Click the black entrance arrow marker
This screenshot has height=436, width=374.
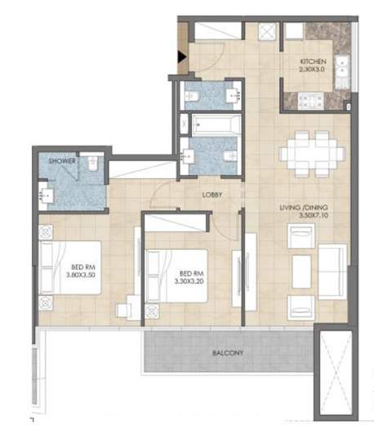181,57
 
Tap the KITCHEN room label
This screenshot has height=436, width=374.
313,61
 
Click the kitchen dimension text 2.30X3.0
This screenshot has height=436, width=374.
312,70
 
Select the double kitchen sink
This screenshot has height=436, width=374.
342,68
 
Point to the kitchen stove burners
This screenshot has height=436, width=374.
311,101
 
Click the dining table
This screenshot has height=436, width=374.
312,154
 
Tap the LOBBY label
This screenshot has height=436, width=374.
212,195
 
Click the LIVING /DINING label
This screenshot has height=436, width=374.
304,208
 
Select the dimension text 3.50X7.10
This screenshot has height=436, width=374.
314,215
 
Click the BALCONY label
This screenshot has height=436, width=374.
228,353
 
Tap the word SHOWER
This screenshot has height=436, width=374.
62,161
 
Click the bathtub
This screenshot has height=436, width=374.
216,125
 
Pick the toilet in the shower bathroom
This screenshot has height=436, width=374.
92,164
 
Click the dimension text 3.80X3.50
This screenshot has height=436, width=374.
81,275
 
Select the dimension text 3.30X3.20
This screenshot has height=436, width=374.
189,281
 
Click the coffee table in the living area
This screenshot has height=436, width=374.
301,272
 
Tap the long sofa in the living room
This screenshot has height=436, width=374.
332,272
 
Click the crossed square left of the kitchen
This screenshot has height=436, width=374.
267,32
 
